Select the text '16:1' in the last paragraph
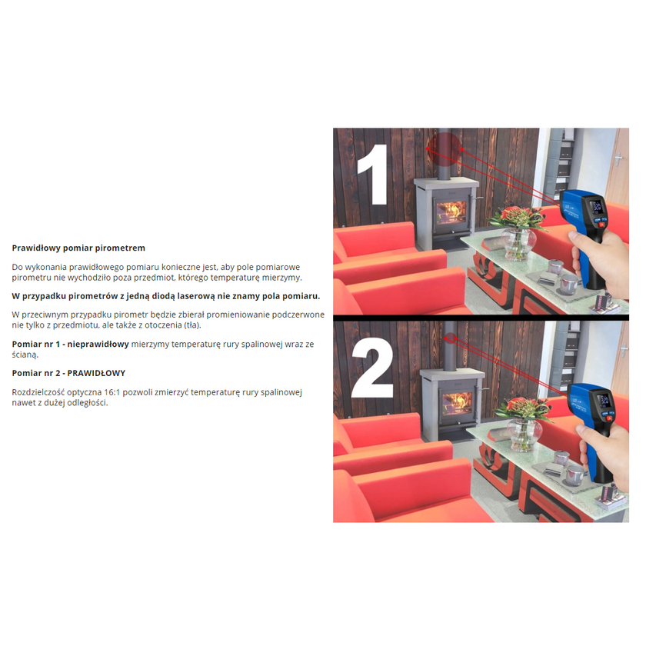112,392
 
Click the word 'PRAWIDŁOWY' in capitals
96,373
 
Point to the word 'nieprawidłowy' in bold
98,344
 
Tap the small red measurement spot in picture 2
450,338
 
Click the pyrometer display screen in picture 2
604,399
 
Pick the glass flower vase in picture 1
518,243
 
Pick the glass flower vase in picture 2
524,435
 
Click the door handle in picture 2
624,350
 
